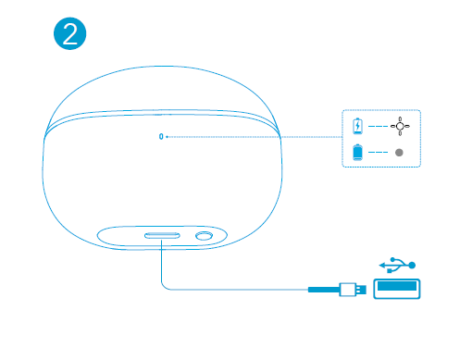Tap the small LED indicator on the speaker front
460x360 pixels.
click(x=161, y=136)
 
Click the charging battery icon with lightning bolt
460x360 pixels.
click(x=358, y=124)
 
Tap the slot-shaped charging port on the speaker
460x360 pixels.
click(x=161, y=236)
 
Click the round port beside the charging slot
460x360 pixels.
click(x=202, y=237)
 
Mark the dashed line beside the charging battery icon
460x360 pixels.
click(x=378, y=124)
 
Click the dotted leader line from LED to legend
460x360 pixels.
click(x=250, y=136)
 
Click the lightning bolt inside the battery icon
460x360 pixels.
click(x=358, y=125)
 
